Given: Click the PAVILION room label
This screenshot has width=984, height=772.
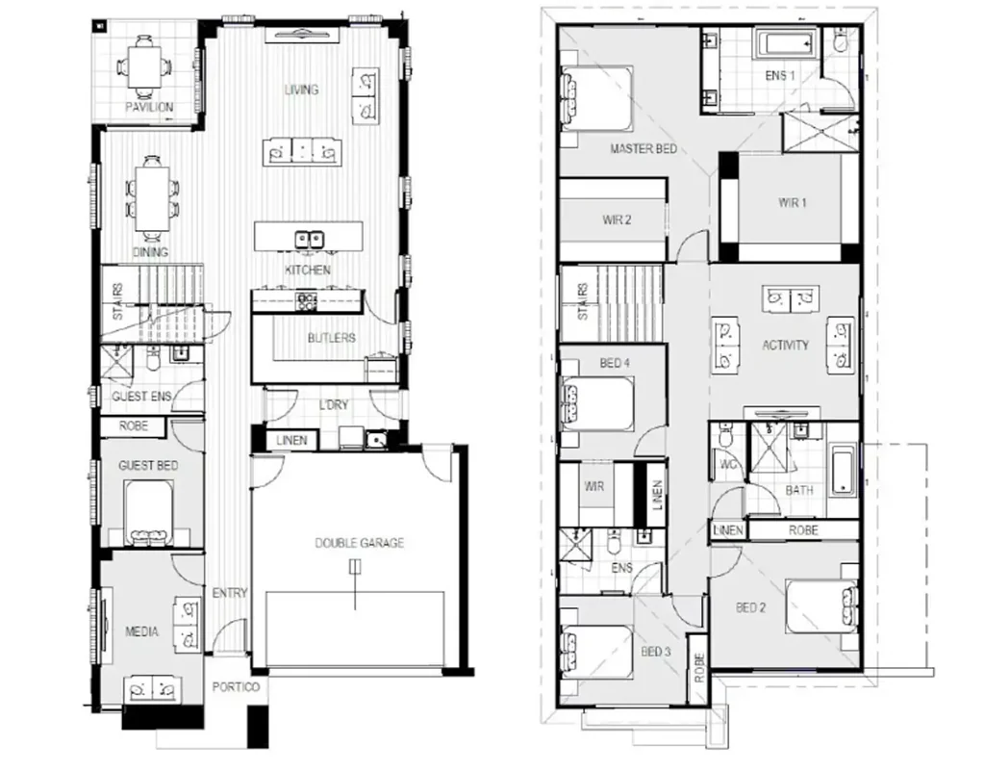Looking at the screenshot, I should pos(149,107).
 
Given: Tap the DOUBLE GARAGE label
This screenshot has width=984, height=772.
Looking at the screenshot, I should pos(360,543).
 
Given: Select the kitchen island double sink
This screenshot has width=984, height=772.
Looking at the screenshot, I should pos(309,238).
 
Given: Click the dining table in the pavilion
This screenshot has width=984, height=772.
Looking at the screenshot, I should pos(142,66).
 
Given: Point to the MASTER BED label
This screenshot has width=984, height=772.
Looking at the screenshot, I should pos(643,149).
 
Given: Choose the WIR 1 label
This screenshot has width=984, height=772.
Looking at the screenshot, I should pos(793,203).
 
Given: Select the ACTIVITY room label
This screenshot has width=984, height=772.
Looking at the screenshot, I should pos(785,345).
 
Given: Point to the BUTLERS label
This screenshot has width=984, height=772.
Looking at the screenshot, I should pos(332,338).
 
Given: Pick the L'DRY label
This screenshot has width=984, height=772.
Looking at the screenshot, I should pos(333,405).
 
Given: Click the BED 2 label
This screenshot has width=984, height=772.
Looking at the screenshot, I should pos(750,607).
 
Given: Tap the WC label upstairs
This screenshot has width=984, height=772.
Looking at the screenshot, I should pos(727,464).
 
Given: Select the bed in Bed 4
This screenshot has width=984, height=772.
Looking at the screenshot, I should pos(596,401).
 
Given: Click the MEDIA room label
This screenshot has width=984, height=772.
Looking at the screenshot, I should pos(141,632).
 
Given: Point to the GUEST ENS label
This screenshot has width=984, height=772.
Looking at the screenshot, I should pos(142,397).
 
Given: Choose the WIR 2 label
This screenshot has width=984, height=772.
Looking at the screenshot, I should pos(617,219).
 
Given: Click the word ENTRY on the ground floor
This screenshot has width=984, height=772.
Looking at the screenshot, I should pos(231,593).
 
